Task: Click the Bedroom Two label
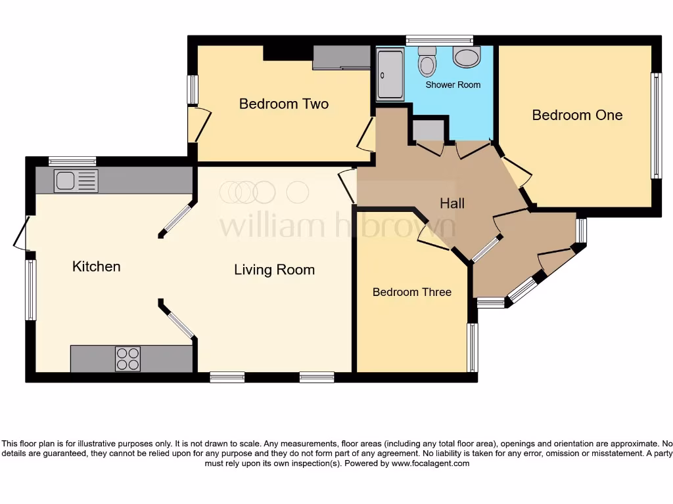283,104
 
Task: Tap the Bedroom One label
577,115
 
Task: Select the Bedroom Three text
411,292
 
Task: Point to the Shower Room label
453,85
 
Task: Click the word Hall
452,203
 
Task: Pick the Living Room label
274,270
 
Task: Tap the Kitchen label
96,266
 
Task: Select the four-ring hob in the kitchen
128,358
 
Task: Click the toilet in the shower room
427,62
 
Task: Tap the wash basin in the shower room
467,57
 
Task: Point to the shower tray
390,74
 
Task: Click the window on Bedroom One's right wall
655,125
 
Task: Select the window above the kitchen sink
72,161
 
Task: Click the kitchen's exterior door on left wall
22,233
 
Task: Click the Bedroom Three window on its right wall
472,347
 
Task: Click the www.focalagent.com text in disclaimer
430,463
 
